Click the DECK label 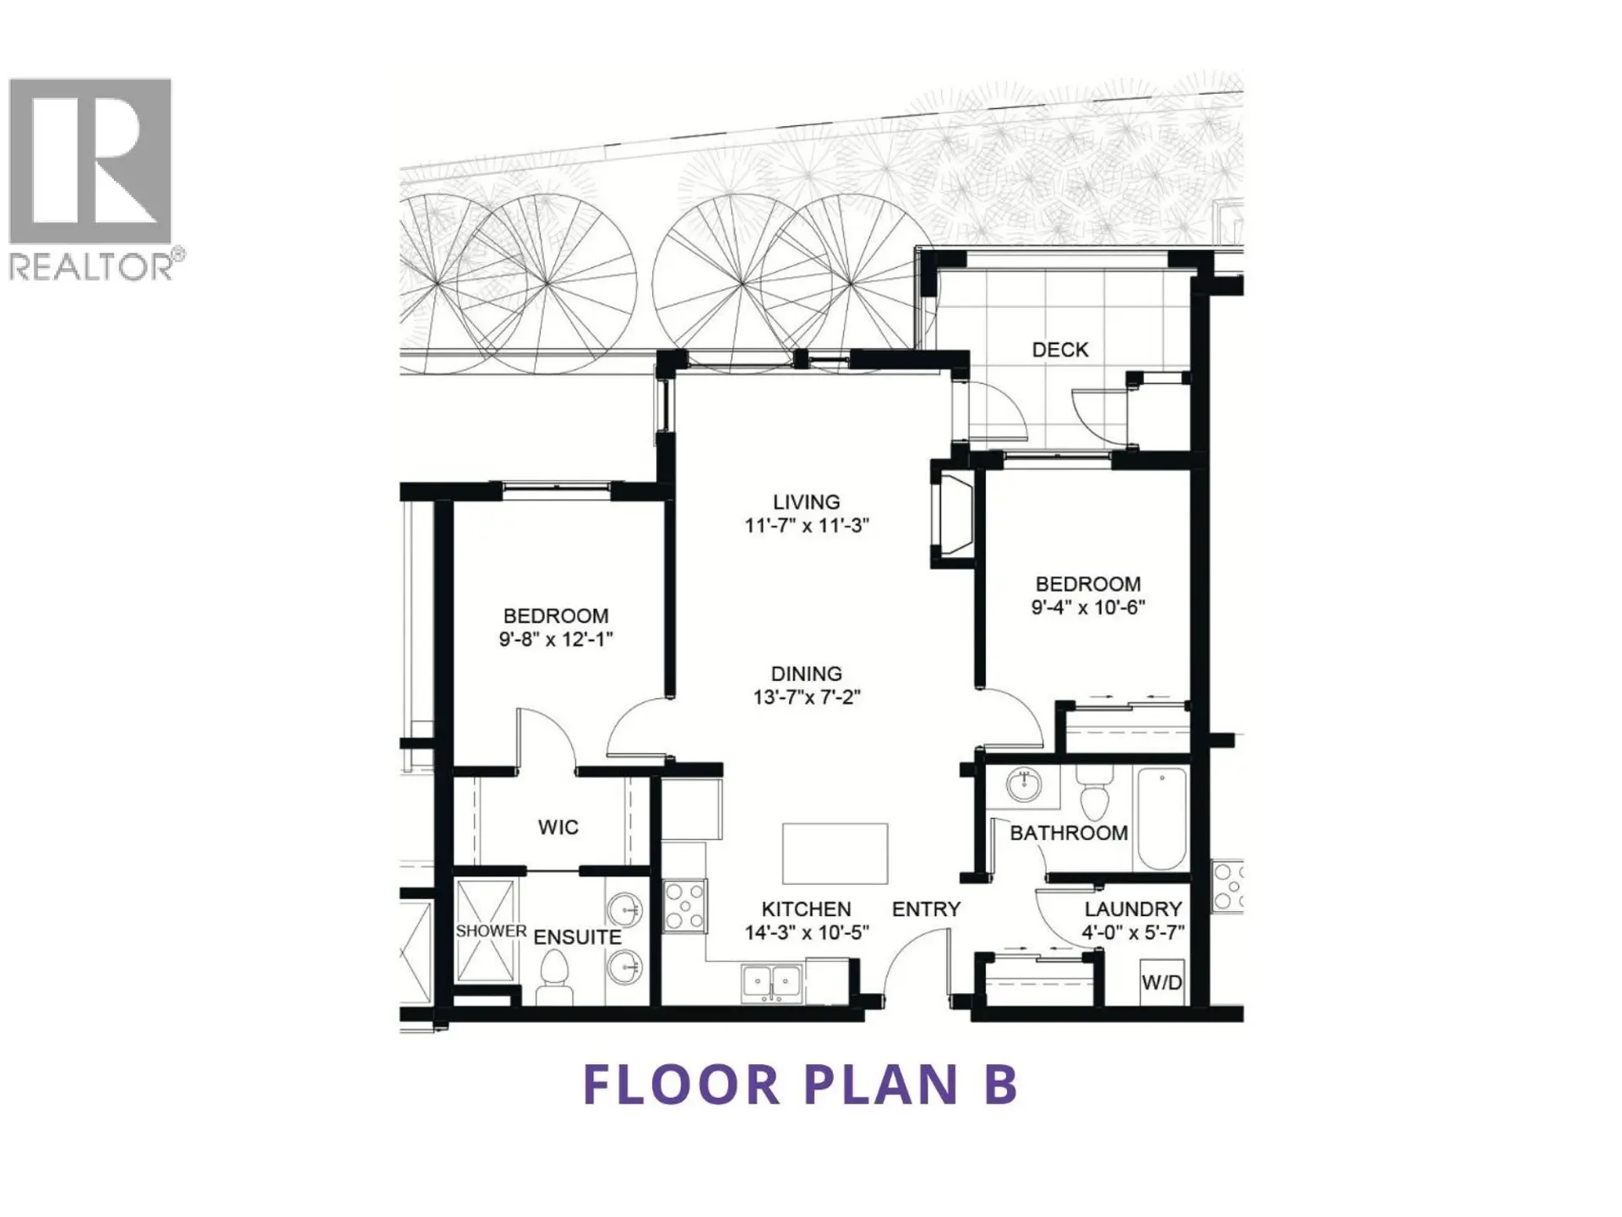tap(1059, 350)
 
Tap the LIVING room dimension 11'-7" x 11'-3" tap(806, 526)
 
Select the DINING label tap(806, 674)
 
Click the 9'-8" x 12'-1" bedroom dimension tap(555, 640)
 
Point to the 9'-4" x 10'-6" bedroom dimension tap(1087, 607)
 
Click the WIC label tap(558, 827)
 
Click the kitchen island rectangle tap(835, 854)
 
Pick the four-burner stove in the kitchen tap(684, 906)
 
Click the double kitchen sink tap(771, 983)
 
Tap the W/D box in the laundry tap(1162, 982)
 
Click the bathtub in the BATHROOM tap(1162, 816)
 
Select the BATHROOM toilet tap(1095, 794)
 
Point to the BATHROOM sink tap(1024, 785)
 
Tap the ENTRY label tap(926, 909)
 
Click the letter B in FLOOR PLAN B tap(1001, 1084)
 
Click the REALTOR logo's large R tap(90, 161)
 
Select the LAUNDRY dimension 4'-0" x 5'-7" tap(1133, 932)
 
